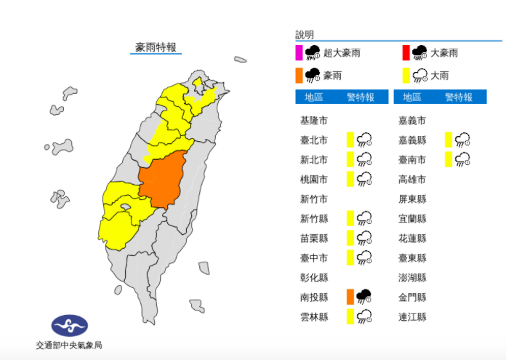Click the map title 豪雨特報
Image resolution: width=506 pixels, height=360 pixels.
[156, 47]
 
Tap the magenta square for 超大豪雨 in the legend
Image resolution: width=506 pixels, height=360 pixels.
[299, 52]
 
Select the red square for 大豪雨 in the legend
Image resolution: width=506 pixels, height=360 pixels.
[406, 52]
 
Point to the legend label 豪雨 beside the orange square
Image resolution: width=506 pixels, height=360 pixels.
[335, 75]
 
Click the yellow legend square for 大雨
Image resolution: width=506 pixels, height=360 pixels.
[406, 75]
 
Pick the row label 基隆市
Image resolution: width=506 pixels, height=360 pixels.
[313, 120]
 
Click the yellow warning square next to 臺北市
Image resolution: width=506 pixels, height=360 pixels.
[350, 140]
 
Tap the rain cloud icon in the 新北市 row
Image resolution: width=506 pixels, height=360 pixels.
[364, 159]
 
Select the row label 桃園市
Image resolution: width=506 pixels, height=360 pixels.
[313, 179]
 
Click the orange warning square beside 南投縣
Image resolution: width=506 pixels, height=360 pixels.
[350, 296]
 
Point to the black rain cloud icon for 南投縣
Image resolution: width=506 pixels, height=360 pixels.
[364, 296]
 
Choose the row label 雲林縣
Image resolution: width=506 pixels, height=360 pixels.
[313, 316]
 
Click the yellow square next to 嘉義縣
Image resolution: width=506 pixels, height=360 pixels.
[449, 140]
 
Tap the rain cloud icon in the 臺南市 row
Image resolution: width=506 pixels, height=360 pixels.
[462, 159]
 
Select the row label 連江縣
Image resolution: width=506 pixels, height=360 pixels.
[412, 316]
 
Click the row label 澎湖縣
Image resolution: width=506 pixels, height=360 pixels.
[412, 277]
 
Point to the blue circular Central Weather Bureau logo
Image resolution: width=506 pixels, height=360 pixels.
[69, 325]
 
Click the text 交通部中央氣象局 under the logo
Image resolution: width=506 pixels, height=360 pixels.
[69, 345]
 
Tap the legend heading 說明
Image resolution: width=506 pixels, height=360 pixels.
[305, 34]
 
